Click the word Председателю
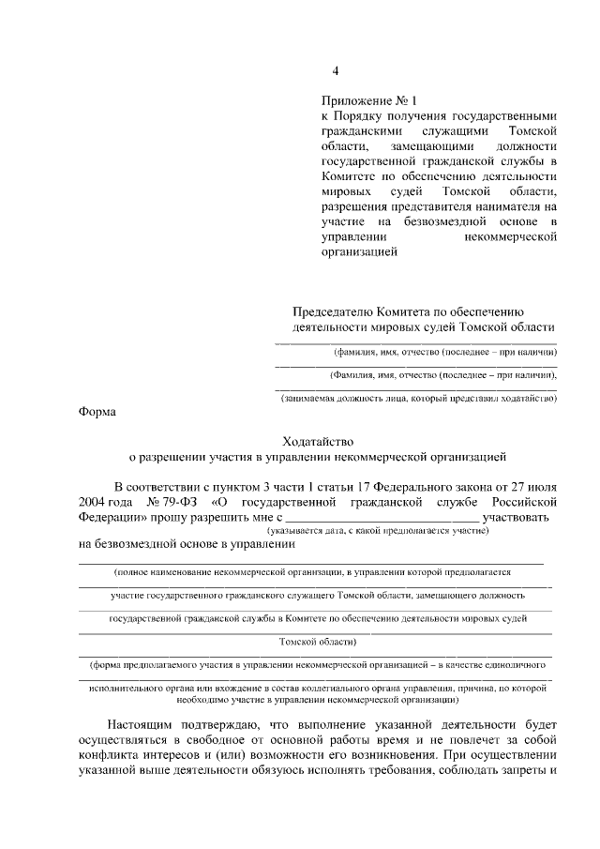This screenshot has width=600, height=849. click(334, 311)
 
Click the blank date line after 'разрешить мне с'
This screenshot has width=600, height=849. click(381, 519)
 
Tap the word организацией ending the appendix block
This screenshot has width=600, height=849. click(359, 251)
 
